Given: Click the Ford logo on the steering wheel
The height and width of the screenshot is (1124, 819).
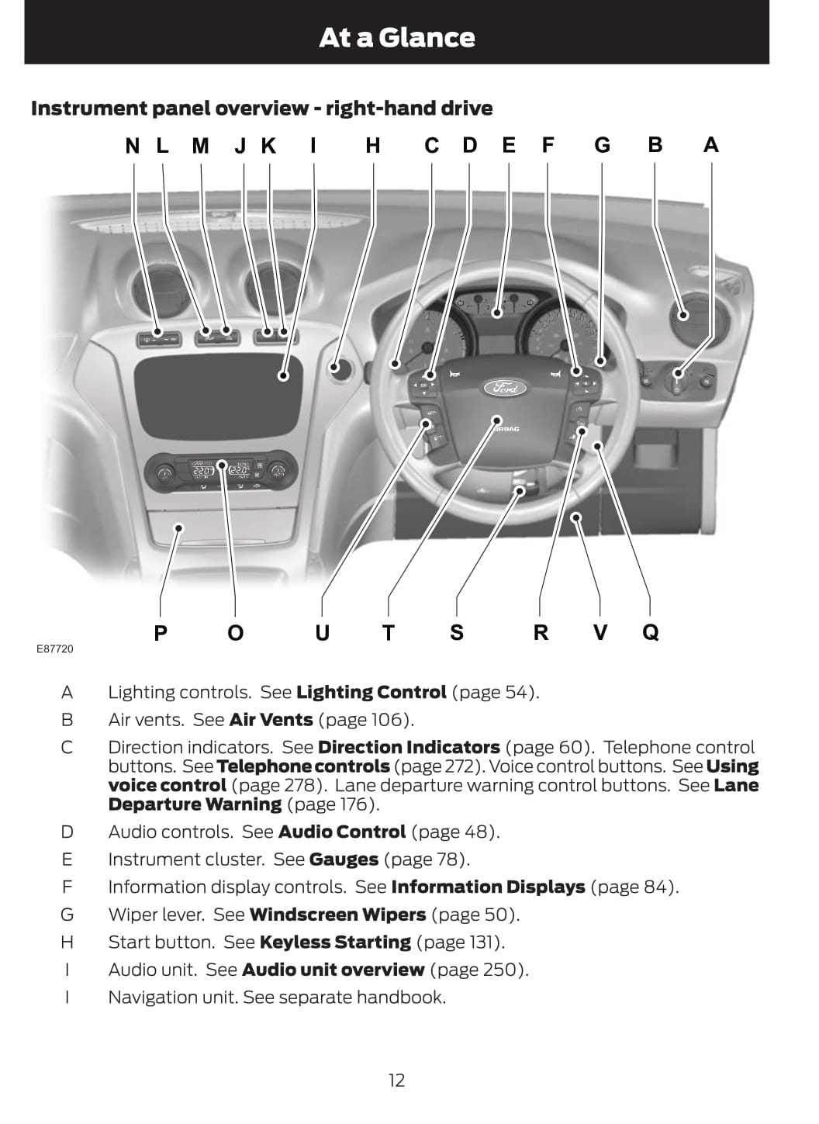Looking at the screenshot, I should [x=505, y=387].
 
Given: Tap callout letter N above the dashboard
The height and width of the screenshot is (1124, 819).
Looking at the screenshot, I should [x=133, y=146].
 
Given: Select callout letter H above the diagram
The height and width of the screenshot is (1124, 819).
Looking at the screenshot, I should [x=373, y=146].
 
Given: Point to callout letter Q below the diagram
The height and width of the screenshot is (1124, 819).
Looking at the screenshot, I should [x=651, y=632].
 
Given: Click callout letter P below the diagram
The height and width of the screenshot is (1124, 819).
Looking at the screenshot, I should [x=161, y=633].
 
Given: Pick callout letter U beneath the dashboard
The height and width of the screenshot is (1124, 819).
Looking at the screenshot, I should [x=322, y=633].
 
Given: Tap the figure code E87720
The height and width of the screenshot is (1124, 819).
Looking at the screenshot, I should [x=54, y=648].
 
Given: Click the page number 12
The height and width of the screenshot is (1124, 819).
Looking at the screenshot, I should [x=396, y=1080].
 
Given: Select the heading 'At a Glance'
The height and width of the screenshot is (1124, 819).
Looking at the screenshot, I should [x=396, y=37].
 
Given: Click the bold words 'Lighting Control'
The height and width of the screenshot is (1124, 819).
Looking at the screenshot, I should [x=371, y=692].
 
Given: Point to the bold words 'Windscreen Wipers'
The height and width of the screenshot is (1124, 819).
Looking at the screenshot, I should [x=337, y=915].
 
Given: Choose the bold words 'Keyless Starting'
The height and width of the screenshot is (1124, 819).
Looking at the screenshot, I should [x=335, y=942].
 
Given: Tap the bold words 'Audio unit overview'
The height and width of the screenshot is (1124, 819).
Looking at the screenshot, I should [x=333, y=970].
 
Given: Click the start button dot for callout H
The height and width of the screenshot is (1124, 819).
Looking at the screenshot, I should [x=336, y=366].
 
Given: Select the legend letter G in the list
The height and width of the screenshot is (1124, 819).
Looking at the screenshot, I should [x=67, y=915].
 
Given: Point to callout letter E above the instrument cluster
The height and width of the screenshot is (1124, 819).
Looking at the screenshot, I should [x=509, y=146].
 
